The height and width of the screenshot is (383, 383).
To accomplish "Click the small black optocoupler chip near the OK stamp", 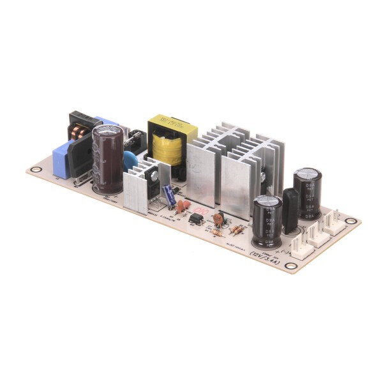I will coord(196,218).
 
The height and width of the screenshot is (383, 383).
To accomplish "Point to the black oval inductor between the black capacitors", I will coord(290,209).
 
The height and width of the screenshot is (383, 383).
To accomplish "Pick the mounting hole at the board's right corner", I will coord(350,222).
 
